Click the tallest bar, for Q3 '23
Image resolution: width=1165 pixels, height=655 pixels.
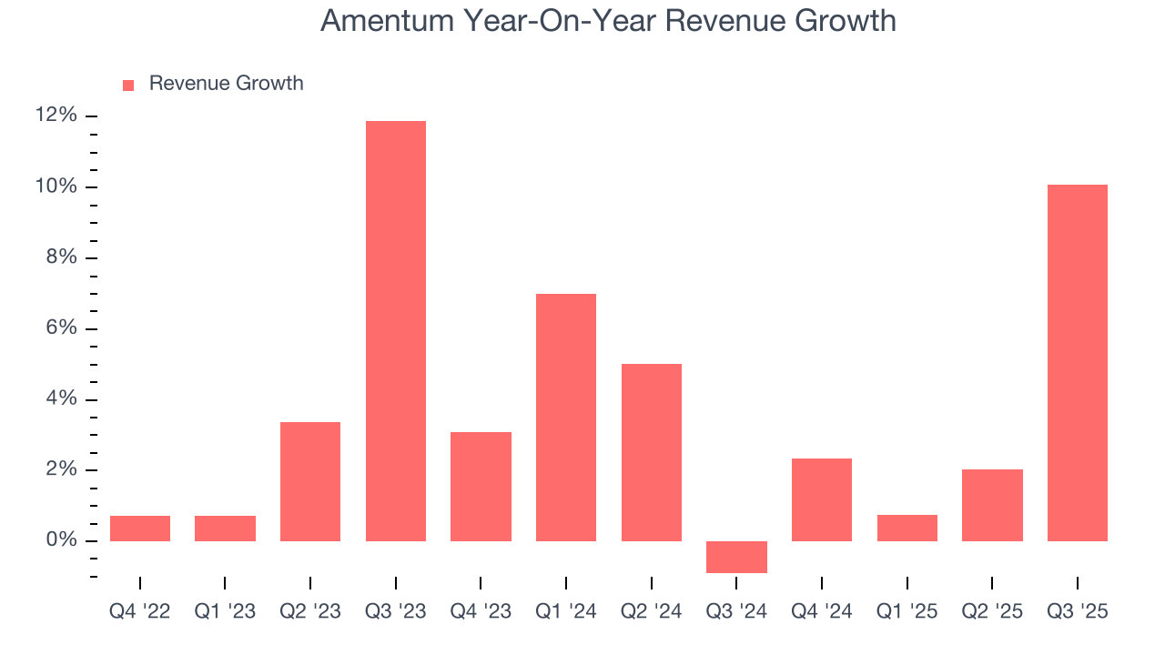pyautogui.click(x=395, y=331)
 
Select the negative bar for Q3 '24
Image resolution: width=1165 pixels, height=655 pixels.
pyautogui.click(x=736, y=557)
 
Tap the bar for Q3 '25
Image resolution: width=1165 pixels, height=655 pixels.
pyautogui.click(x=1077, y=363)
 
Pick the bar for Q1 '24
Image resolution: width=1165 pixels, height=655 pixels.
pyautogui.click(x=566, y=418)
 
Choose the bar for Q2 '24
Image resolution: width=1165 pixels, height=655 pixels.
pyautogui.click(x=652, y=452)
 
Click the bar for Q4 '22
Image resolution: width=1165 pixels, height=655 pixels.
pyautogui.click(x=140, y=529)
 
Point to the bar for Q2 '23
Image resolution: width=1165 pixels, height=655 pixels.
pyautogui.click(x=310, y=481)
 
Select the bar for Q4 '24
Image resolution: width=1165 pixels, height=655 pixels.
pyautogui.click(x=822, y=499)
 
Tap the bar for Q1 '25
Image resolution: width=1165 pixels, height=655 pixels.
pyautogui.click(x=907, y=528)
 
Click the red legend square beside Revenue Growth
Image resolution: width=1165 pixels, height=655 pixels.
pyautogui.click(x=128, y=85)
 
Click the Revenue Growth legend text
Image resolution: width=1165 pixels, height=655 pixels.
pyautogui.click(x=226, y=84)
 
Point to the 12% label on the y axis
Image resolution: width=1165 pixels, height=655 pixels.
pyautogui.click(x=56, y=116)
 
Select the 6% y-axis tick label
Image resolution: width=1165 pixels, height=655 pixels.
pyautogui.click(x=60, y=328)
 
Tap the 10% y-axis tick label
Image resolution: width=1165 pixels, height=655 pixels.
pyautogui.click(x=56, y=186)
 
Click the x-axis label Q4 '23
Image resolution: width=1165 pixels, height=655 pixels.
pyautogui.click(x=481, y=612)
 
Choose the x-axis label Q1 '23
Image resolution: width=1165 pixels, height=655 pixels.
pyautogui.click(x=225, y=612)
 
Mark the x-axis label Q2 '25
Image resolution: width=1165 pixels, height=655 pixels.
pyautogui.click(x=992, y=612)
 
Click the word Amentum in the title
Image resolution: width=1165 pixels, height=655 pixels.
pyautogui.click(x=386, y=20)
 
